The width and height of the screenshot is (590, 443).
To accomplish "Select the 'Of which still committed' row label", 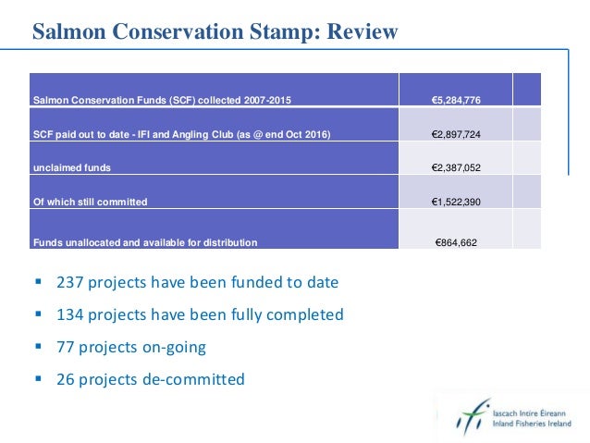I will [90, 201].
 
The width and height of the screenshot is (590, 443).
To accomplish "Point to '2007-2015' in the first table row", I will [270, 99].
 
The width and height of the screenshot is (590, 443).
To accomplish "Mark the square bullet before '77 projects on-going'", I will [38, 346].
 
